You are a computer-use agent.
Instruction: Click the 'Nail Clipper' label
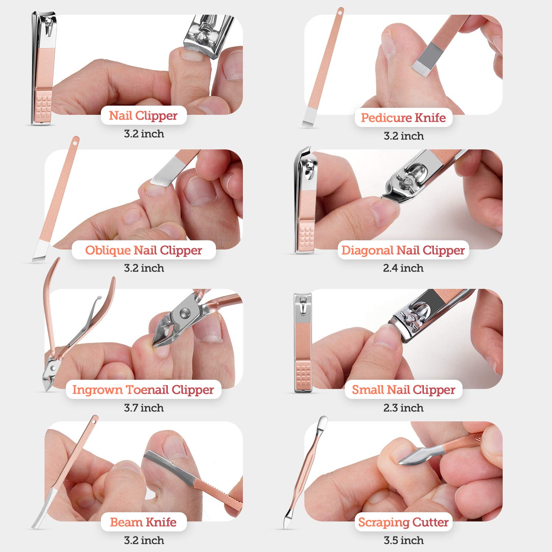click(143, 116)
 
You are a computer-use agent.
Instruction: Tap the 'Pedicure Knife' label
click(403, 118)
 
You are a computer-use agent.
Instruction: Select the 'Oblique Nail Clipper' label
click(144, 250)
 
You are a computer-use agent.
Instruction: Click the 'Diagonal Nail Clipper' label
click(403, 250)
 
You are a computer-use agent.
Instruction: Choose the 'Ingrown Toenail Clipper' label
click(143, 390)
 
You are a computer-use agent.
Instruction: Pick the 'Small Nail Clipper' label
click(403, 390)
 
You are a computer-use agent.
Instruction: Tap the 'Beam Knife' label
click(143, 522)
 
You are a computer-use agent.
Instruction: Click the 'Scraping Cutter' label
click(403, 522)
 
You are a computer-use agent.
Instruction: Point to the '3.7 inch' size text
click(144, 408)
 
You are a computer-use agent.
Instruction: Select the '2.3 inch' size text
click(403, 408)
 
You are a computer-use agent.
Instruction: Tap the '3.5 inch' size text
click(403, 540)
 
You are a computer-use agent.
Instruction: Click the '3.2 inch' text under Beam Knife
click(144, 540)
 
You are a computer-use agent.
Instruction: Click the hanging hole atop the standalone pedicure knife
click(340, 13)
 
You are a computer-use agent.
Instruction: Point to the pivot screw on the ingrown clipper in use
click(184, 313)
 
